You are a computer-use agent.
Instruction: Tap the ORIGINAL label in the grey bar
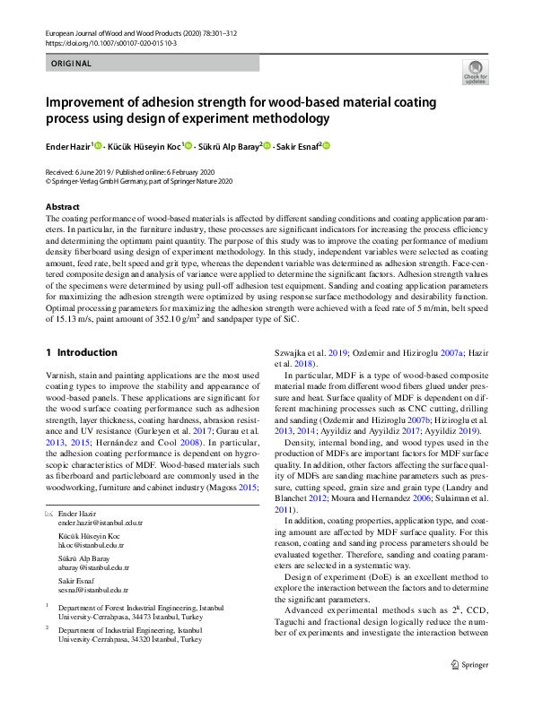click(72, 64)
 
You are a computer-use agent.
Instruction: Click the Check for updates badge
click(474, 73)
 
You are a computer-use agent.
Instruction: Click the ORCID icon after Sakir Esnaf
click(327, 145)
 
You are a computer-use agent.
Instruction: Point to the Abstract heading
click(63, 206)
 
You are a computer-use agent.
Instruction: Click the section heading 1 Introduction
click(82, 352)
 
